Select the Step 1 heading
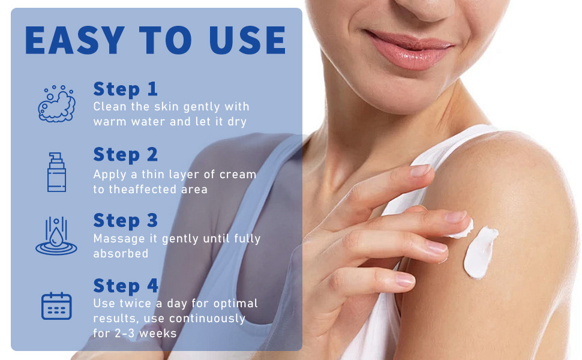click(125, 89)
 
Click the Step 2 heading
click(125, 155)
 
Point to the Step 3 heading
click(125, 220)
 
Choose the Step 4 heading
click(126, 285)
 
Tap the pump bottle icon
click(56, 172)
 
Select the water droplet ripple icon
click(56, 237)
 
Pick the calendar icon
click(56, 305)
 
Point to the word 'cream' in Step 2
click(239, 175)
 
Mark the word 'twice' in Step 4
click(135, 304)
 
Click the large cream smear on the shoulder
click(480, 252)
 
